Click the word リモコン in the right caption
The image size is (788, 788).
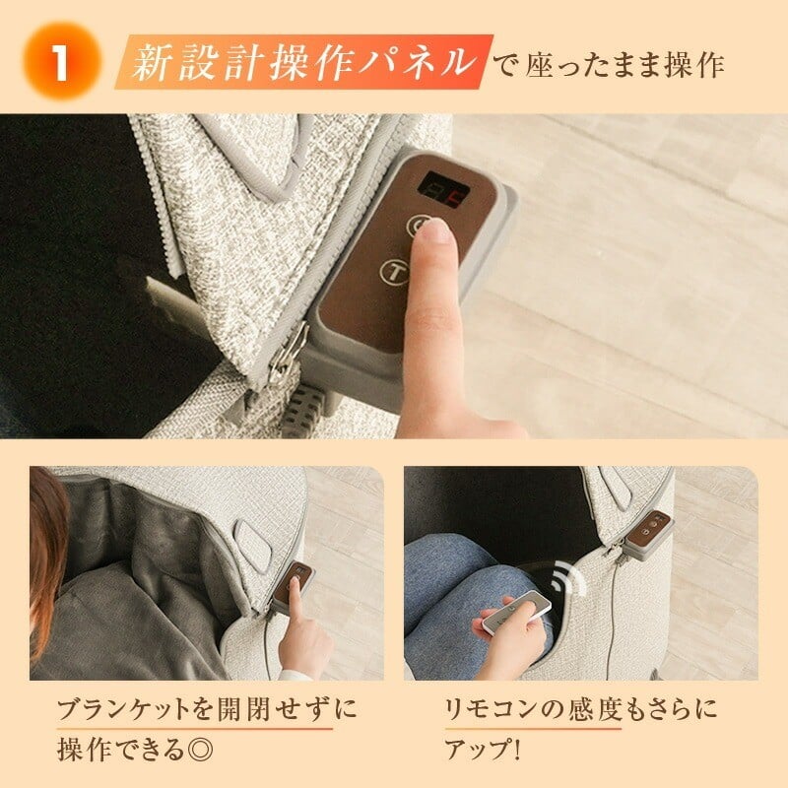coord(483,710)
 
